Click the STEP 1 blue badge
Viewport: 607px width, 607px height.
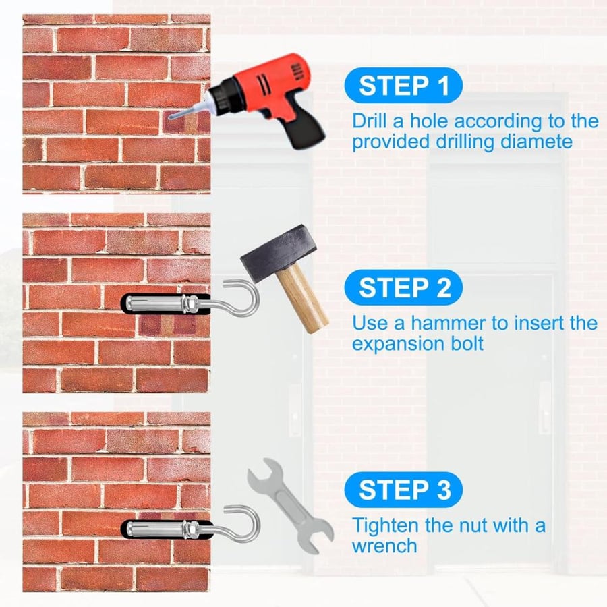403,85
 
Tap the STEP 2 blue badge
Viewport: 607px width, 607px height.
403,287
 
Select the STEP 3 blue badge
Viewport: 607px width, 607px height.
403,490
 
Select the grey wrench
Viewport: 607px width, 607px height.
291,506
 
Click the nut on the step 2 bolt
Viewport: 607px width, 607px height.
190,302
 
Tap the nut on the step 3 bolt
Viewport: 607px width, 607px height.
190,529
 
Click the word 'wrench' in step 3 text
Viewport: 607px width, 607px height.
385,546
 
